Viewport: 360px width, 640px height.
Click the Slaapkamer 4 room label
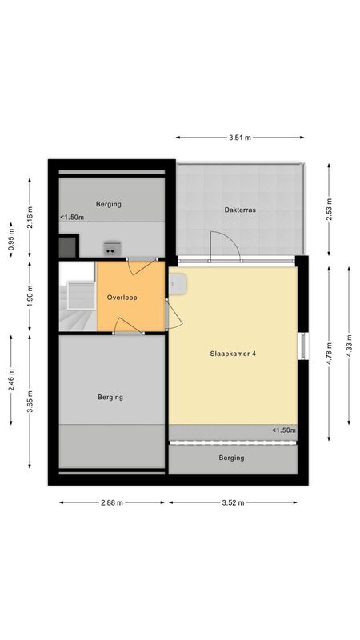(x=233, y=353)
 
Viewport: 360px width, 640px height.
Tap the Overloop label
(x=122, y=298)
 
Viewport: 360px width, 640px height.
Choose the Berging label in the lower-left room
(x=111, y=397)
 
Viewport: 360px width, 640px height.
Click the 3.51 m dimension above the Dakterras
(x=239, y=138)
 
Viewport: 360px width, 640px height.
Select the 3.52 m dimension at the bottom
(x=233, y=502)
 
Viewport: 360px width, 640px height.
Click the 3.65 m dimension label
(x=30, y=398)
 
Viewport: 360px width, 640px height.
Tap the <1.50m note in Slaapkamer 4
(x=283, y=430)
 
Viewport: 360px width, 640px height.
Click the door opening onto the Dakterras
(x=225, y=246)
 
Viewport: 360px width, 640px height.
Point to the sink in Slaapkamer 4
(x=178, y=283)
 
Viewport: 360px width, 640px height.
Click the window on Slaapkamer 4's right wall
(x=302, y=346)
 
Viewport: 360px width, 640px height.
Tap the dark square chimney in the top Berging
(x=69, y=245)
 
